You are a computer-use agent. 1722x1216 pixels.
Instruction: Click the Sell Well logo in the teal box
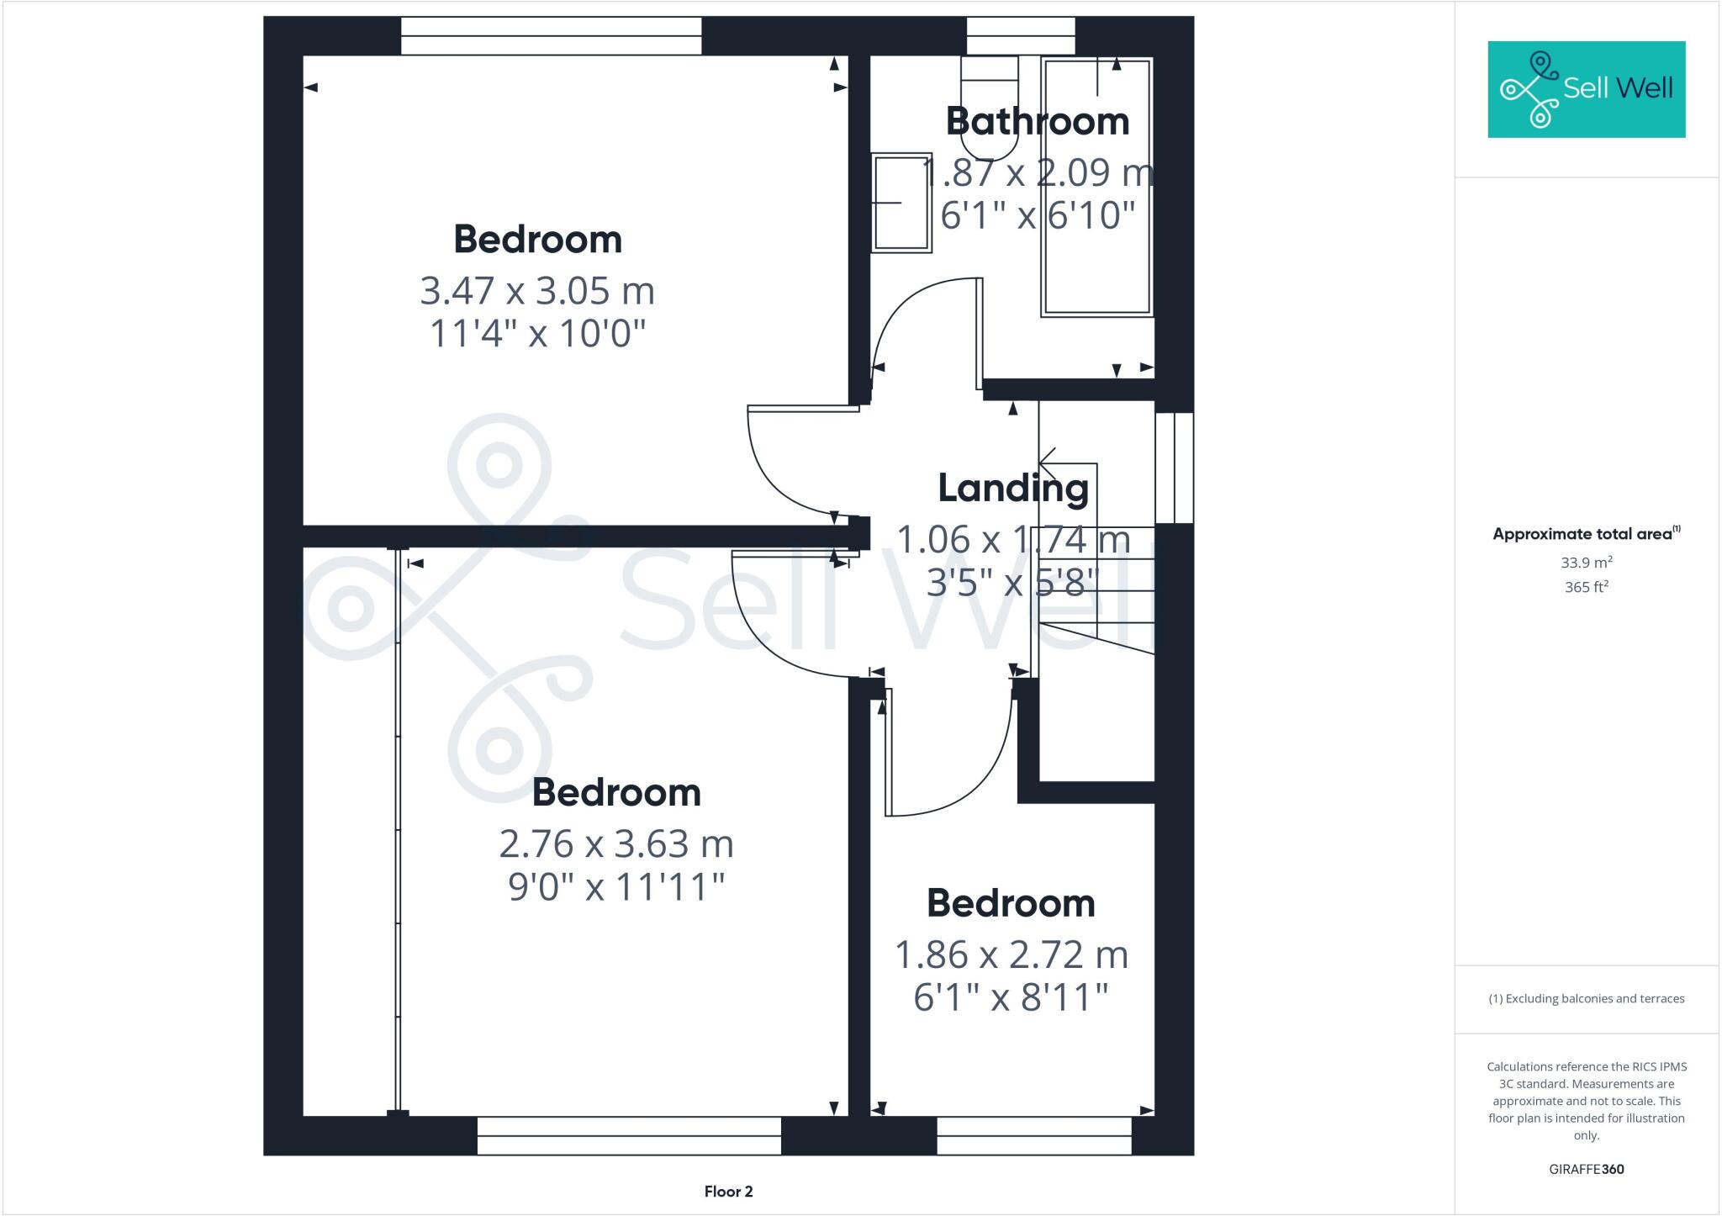[x=1586, y=89]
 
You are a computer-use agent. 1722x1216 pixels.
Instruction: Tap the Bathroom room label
[x=1037, y=122]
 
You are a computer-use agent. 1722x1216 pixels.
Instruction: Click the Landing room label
[x=1012, y=489]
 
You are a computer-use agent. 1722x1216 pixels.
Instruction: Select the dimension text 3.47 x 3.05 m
[x=537, y=292]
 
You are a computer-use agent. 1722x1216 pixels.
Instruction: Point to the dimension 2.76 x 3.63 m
[x=616, y=844]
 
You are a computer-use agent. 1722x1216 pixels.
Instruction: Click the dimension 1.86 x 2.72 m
[x=1011, y=955]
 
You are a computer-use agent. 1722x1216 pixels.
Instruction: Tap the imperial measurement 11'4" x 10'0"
[x=537, y=334]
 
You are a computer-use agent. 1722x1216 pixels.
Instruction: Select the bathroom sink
[x=901, y=202]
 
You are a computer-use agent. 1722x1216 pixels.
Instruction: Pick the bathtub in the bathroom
[x=1096, y=187]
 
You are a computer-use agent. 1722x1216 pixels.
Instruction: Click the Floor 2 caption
[x=728, y=1192]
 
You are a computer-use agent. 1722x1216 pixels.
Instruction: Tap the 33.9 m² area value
[x=1586, y=562]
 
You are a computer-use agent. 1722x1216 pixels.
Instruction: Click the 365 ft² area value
[x=1586, y=587]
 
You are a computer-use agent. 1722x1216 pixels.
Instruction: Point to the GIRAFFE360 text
[x=1586, y=1169]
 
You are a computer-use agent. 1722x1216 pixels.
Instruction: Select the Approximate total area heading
[x=1586, y=534]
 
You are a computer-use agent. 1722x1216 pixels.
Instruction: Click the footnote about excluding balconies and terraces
[x=1586, y=999]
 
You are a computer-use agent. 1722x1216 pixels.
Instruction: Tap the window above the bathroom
[x=1020, y=36]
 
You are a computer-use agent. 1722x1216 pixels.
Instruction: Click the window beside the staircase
[x=1174, y=468]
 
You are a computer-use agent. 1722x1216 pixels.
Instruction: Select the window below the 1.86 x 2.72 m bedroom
[x=1033, y=1135]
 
